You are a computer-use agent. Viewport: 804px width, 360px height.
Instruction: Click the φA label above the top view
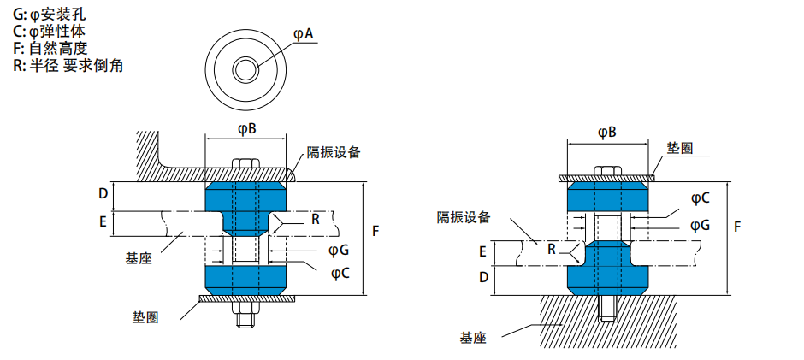click(303, 34)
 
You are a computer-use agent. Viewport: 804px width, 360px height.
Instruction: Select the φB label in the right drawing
click(607, 133)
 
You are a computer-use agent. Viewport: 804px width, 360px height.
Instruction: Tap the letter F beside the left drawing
click(375, 231)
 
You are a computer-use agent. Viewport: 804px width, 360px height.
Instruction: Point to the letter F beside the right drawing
click(737, 226)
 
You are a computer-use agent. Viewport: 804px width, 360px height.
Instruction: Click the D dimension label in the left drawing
click(103, 194)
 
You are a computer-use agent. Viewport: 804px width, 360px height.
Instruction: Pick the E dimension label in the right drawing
click(482, 251)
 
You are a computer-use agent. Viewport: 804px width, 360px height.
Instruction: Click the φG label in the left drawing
click(339, 250)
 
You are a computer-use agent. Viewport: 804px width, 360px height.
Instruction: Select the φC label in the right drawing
click(700, 199)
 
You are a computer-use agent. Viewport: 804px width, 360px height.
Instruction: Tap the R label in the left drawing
click(316, 220)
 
